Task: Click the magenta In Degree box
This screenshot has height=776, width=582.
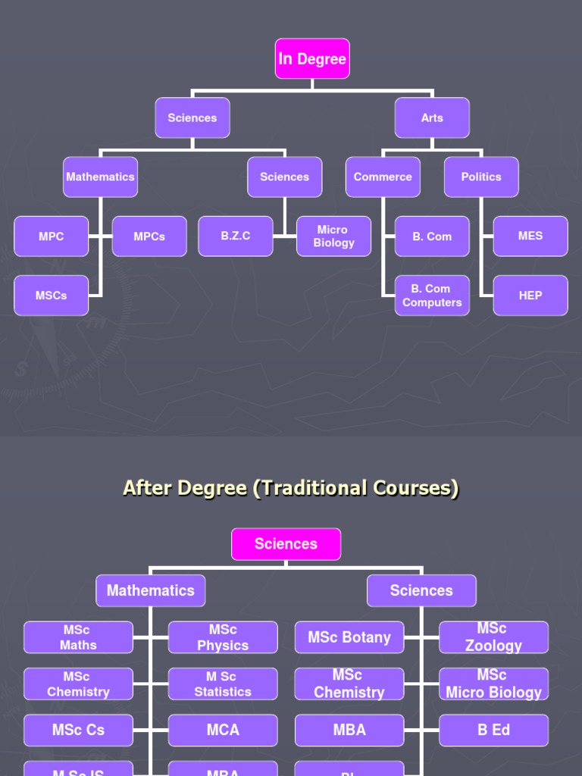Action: (312, 59)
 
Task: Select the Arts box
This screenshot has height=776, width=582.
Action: (432, 118)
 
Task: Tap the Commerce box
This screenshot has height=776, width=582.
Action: (383, 177)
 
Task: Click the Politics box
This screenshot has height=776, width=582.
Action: (481, 177)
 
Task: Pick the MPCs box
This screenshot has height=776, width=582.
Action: (149, 236)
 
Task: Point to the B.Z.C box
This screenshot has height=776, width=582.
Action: (236, 236)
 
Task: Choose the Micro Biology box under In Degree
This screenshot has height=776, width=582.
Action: (334, 236)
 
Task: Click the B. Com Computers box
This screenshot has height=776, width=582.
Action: (432, 296)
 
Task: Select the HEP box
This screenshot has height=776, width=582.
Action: (530, 296)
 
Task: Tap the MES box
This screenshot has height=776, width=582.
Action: (530, 236)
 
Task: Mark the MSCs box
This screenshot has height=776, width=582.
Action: (51, 296)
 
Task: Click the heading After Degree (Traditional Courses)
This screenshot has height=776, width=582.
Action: (291, 488)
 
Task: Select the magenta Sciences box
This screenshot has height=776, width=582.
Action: (286, 544)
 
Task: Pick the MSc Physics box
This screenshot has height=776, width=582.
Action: (223, 637)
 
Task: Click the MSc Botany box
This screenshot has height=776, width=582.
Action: (349, 637)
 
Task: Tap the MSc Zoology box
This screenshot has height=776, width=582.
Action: (493, 637)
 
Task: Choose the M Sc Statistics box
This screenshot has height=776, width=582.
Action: (223, 684)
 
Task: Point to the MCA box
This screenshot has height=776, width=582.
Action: (223, 731)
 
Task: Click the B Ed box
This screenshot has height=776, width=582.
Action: (493, 731)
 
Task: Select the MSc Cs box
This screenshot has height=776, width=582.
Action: (78, 731)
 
